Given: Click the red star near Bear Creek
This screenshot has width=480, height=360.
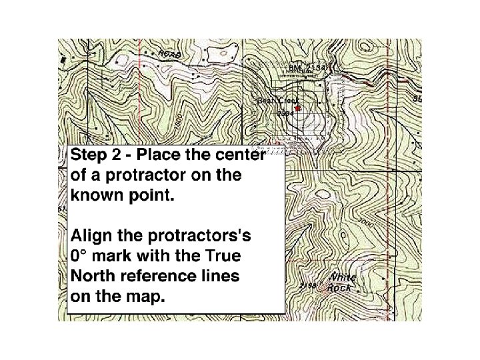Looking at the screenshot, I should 298,108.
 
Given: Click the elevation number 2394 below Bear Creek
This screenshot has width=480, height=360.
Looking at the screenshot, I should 285,114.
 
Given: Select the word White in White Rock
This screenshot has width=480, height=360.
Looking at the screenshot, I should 343,277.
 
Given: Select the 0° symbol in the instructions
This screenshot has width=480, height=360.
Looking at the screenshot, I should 79,256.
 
